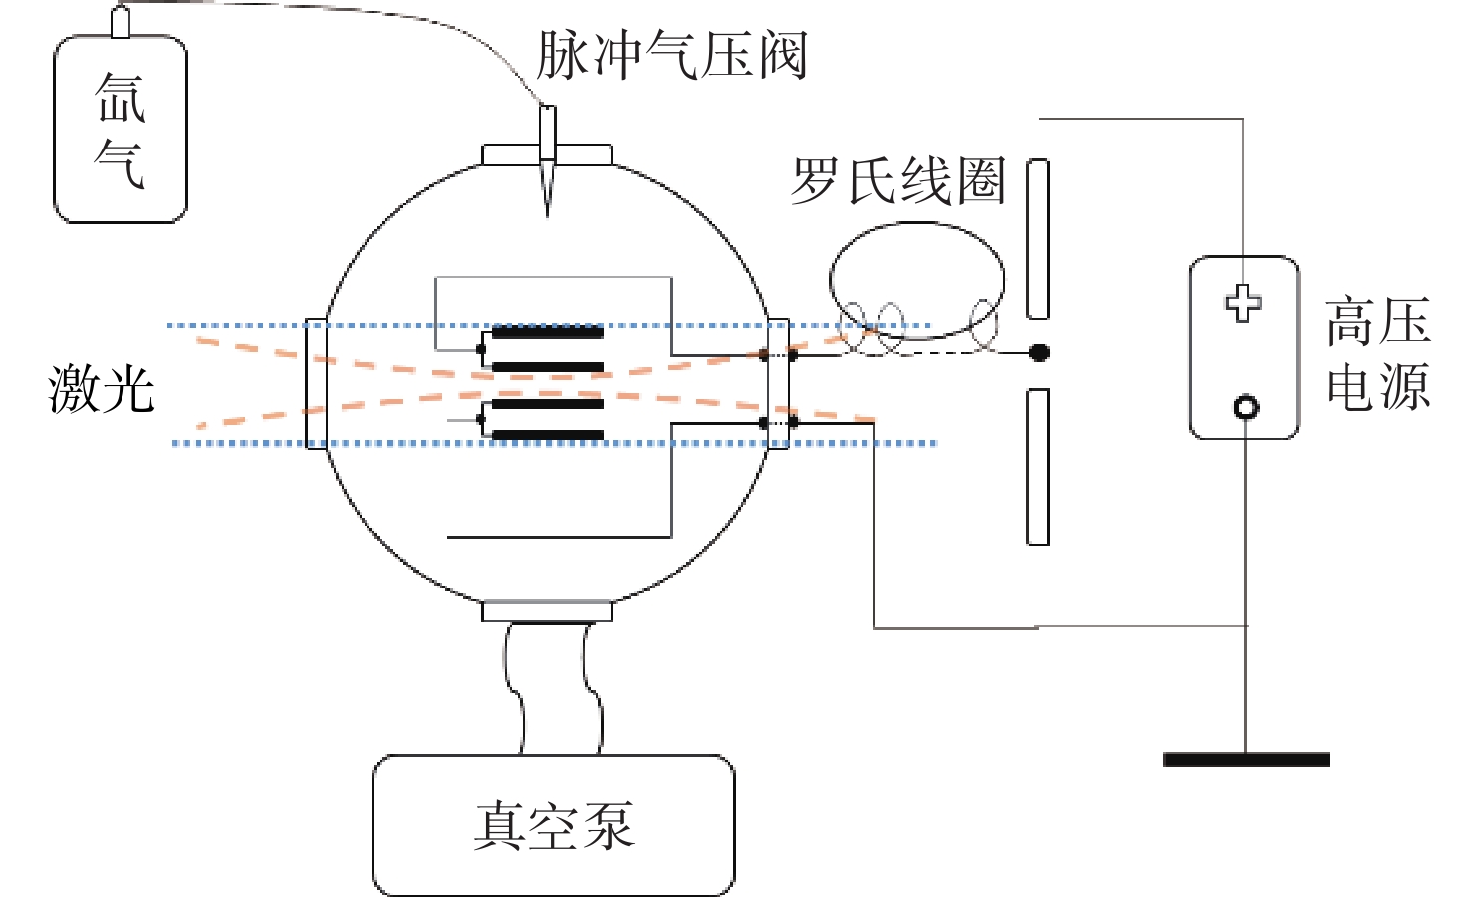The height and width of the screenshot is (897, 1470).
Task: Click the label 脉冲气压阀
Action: pos(670,54)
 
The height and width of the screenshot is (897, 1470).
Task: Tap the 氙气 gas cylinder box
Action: pos(121,130)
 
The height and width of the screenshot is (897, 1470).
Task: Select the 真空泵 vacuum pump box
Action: pos(554,825)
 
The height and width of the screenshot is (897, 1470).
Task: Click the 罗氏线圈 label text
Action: pos(897,181)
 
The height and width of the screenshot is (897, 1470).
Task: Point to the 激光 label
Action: pos(101,388)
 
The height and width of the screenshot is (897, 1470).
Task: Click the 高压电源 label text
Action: pos(1378,354)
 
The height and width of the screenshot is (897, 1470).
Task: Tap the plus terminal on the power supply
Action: pos(1243,303)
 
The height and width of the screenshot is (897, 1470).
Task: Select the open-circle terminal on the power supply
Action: pos(1246,407)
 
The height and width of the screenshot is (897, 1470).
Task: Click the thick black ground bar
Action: pos(1246,760)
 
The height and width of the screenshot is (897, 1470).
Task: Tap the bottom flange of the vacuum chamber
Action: pos(547,611)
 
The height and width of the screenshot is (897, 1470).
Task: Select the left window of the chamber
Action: pos(315,384)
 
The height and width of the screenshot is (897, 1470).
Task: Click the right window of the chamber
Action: pos(778,384)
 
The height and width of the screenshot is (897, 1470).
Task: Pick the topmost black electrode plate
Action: pos(548,332)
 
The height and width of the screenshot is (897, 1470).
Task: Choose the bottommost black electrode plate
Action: pos(548,435)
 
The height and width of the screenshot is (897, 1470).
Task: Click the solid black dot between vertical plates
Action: pos(1039,352)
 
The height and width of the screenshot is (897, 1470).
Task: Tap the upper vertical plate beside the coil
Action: pos(1038,239)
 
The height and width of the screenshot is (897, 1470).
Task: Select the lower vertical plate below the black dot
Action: pos(1038,466)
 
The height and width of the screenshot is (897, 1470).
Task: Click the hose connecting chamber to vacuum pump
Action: pos(554,688)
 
